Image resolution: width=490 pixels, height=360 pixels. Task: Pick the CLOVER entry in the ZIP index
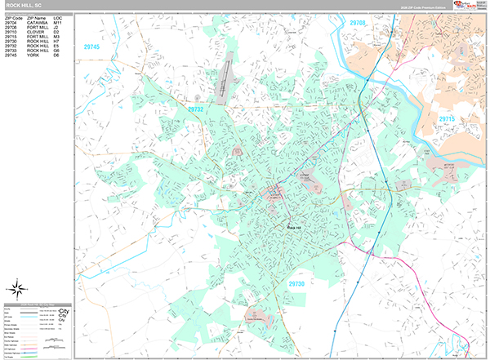[35, 32]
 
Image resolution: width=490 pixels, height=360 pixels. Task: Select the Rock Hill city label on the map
[294, 227]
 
